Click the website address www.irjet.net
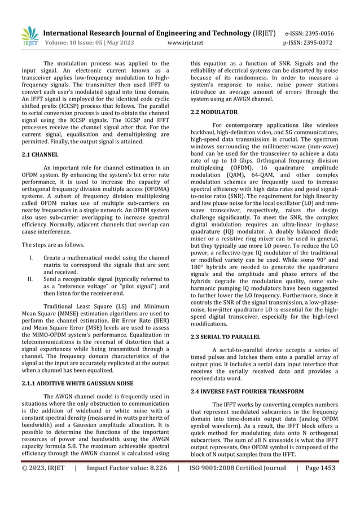tap(188, 42)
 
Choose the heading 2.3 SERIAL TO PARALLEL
tap(226, 337)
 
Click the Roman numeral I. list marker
tap(31, 257)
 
